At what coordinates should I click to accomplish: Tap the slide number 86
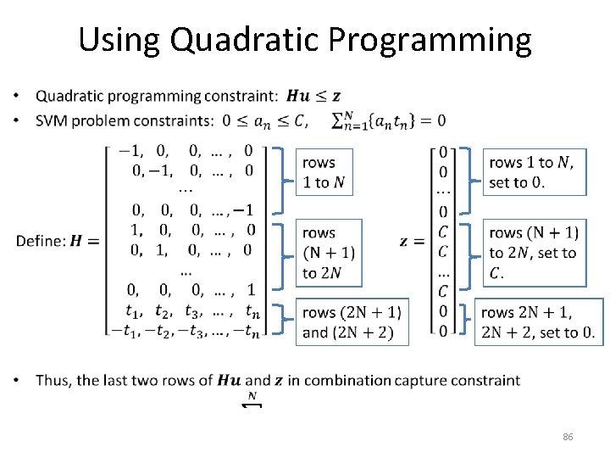[568, 437]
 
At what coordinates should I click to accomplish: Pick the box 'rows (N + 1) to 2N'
[328, 252]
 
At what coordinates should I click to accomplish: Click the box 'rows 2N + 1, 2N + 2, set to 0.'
[538, 322]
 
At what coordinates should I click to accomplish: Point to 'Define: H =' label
[58, 241]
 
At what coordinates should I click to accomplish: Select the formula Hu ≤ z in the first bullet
[313, 97]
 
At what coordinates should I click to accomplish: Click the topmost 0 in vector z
[443, 152]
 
